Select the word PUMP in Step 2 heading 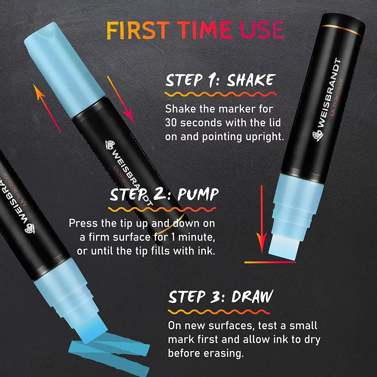tap(198, 195)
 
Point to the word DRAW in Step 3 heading tap(252, 297)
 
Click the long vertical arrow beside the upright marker tap(262, 219)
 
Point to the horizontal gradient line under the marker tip tap(270, 262)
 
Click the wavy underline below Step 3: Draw tap(219, 312)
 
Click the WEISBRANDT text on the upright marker tap(328, 93)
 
